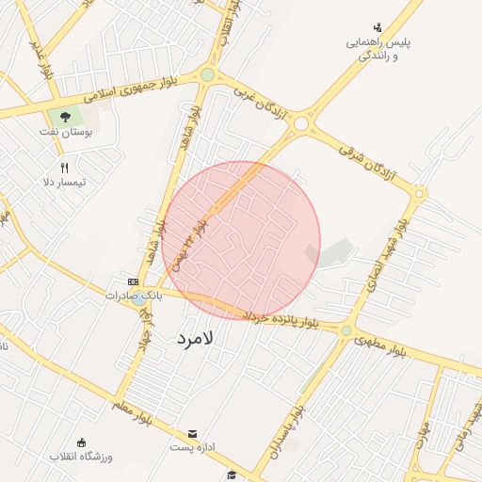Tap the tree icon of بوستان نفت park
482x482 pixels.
(x=65, y=118)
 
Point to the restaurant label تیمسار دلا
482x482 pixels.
(x=65, y=181)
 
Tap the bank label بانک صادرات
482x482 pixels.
(x=134, y=295)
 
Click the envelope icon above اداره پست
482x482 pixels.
(x=193, y=433)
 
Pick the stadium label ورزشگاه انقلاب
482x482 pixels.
(x=81, y=457)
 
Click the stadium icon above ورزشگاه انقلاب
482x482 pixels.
(x=81, y=442)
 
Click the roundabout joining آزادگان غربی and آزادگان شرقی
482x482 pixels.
(x=301, y=123)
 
